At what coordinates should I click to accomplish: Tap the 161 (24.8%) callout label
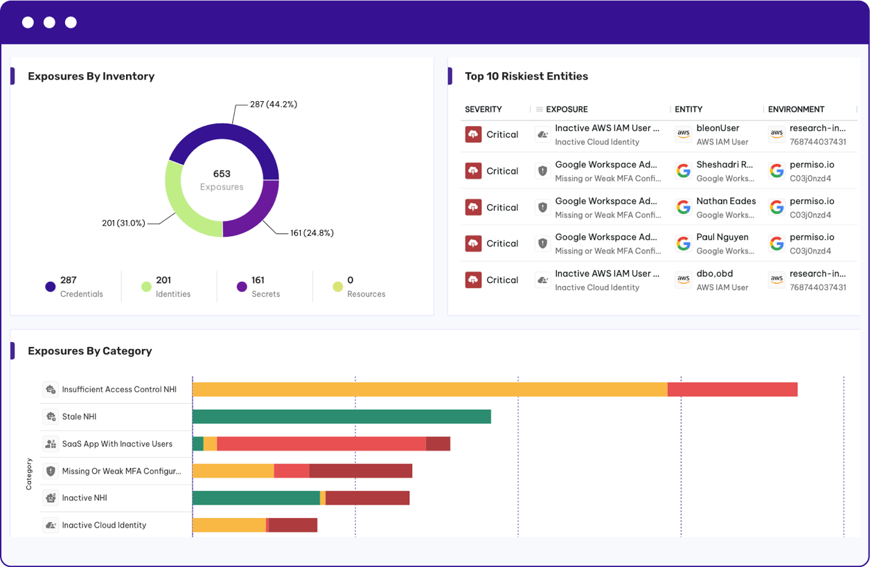pos(312,233)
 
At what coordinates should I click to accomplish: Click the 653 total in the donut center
pos(222,174)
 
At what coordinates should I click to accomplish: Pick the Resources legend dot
pos(338,287)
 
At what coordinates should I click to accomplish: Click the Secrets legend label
pos(266,294)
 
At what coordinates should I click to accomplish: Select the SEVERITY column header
pos(483,109)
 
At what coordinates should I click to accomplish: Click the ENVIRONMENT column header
pos(796,109)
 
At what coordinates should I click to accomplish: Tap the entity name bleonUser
pos(718,128)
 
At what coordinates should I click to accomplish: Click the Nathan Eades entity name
pos(726,201)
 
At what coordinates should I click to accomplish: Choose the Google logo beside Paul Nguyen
pos(684,244)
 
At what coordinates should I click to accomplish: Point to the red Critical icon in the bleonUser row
pos(474,134)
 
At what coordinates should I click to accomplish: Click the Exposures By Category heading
pos(90,351)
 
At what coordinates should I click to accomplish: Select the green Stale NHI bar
pos(341,416)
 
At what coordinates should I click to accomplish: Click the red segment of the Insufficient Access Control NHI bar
pos(733,389)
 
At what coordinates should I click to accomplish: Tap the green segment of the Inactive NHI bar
pos(256,498)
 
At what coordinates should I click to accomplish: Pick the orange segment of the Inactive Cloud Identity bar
pos(229,525)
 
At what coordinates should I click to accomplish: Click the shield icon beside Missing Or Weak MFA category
pos(51,471)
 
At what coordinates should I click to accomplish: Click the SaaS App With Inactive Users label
pos(117,444)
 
